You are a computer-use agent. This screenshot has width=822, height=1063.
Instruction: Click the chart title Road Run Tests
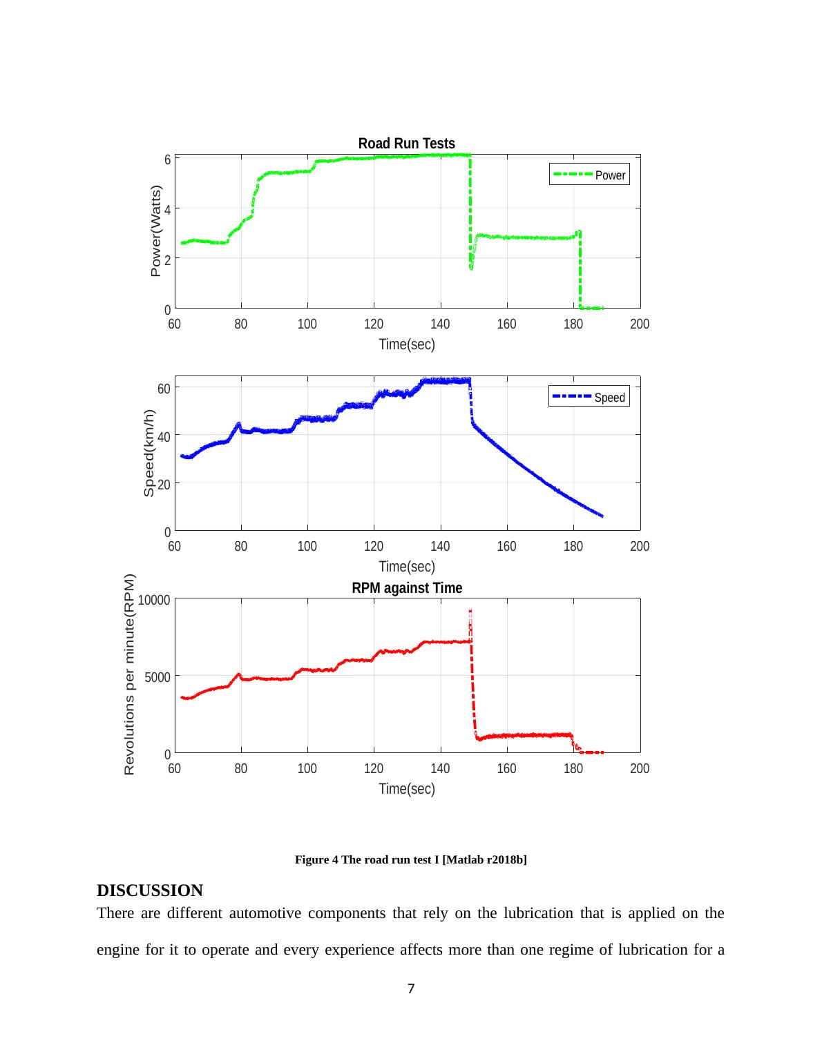tap(406, 144)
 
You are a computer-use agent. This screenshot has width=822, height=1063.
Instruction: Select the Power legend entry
tap(589, 175)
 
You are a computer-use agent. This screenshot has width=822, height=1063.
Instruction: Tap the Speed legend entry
tap(589, 398)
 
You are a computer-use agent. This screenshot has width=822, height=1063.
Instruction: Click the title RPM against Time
tap(407, 588)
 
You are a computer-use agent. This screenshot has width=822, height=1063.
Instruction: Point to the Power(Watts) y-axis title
tap(156, 231)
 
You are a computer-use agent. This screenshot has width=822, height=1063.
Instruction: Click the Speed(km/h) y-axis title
tap(149, 453)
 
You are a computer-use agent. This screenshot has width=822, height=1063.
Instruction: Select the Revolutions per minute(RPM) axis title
tap(129, 674)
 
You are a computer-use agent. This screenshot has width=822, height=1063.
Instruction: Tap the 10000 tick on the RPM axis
tap(154, 600)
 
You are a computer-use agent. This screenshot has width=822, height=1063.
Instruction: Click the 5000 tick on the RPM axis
tap(157, 677)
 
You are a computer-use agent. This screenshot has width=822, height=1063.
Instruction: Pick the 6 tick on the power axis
tap(167, 159)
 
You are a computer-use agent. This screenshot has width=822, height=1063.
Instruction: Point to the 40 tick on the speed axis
tap(164, 437)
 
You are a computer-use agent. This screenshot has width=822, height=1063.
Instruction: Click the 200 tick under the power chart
tap(640, 324)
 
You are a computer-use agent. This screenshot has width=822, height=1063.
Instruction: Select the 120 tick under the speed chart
tap(374, 547)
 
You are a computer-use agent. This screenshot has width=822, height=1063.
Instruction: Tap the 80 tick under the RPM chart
tap(240, 769)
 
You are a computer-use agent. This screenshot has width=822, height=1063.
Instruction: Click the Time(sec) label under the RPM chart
tap(407, 789)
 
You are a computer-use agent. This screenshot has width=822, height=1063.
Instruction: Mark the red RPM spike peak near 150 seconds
tap(470, 611)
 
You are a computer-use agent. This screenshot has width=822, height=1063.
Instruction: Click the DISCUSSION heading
tap(150, 890)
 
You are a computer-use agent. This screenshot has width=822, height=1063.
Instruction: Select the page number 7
tap(411, 989)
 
